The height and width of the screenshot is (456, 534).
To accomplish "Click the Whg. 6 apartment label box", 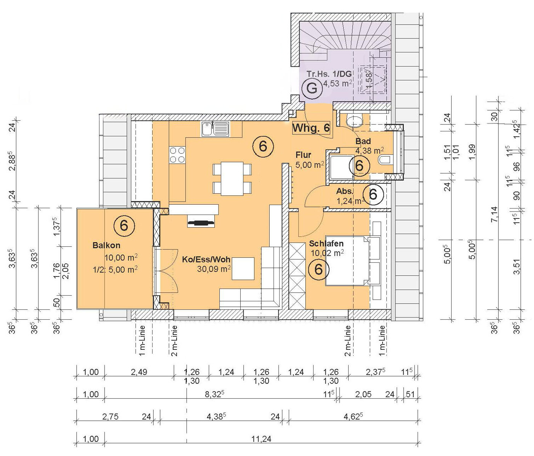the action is tap(311, 128).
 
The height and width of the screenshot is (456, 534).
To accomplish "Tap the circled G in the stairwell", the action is tap(312, 89).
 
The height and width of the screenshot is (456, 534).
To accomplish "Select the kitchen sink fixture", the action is tap(215, 129).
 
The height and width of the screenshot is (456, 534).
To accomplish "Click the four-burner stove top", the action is tap(177, 155).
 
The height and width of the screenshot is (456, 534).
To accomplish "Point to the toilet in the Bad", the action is tap(385, 160).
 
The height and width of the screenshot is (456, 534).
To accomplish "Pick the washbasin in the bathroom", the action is tap(355, 121).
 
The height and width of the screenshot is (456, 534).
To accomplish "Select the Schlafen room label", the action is tap(326, 243).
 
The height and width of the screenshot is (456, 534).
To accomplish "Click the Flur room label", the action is tap(303, 155).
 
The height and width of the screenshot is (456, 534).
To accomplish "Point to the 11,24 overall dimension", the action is tap(261, 439).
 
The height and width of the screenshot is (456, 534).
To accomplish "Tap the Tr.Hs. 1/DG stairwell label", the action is tap(329, 74).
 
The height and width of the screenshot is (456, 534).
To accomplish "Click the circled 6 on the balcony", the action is tap(124, 226).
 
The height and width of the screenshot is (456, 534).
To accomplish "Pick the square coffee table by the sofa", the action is tap(243, 269).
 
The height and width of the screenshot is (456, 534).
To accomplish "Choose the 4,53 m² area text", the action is tap(337, 84).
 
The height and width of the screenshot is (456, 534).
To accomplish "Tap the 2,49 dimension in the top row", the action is tap(139, 372).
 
